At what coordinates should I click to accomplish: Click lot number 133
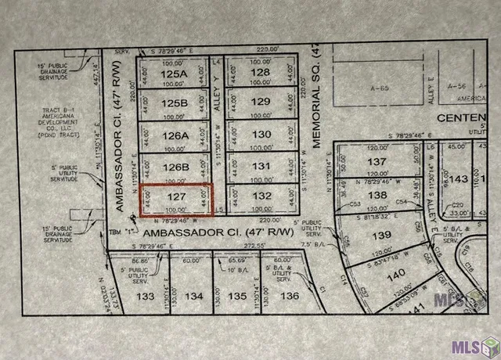pyautogui.click(x=145, y=297)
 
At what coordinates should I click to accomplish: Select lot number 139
pyautogui.click(x=381, y=236)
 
